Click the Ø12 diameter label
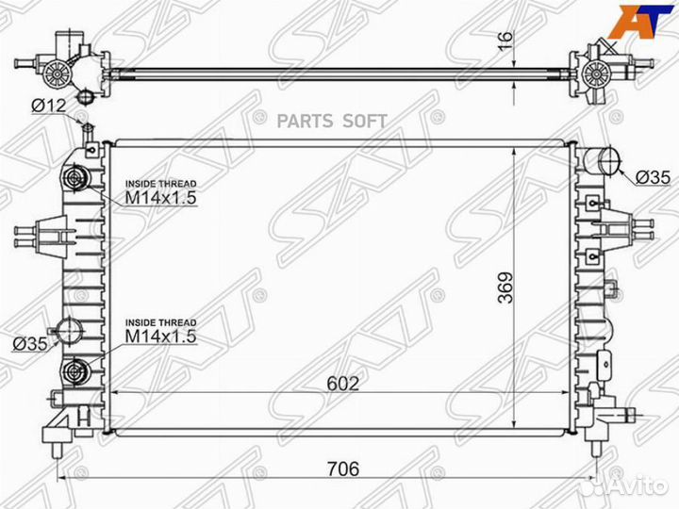pyautogui.click(x=47, y=107)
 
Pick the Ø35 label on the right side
pyautogui.click(x=653, y=177)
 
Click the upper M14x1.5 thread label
pyautogui.click(x=161, y=199)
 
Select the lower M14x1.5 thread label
pyautogui.click(x=161, y=335)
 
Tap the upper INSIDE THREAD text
pyautogui.click(x=161, y=184)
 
